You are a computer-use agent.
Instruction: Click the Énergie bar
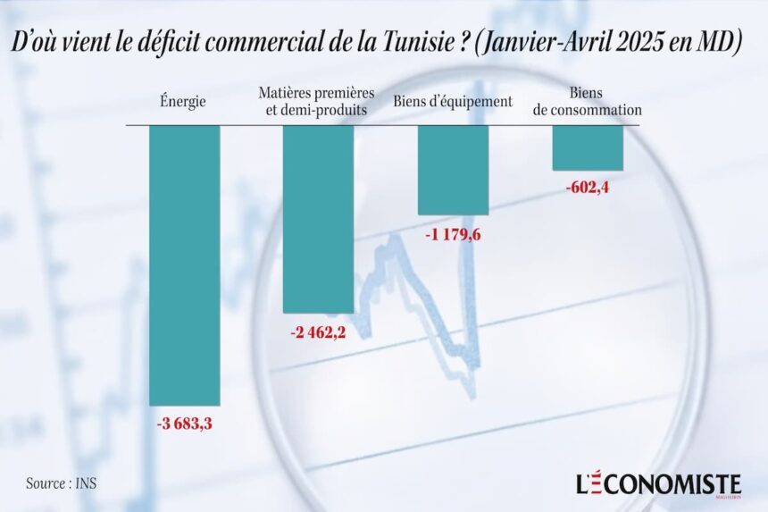(184, 264)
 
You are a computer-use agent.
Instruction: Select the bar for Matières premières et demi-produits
(318, 218)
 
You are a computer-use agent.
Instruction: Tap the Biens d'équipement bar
(453, 170)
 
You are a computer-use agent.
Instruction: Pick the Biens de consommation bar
(587, 147)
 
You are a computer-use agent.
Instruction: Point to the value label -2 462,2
(319, 332)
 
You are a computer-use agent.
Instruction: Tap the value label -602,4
(588, 188)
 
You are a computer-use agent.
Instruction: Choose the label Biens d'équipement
(453, 102)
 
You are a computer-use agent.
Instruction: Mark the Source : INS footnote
(62, 483)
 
